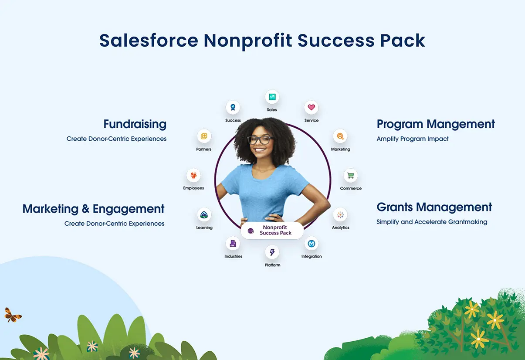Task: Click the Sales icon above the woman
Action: (272, 97)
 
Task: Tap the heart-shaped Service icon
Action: (311, 107)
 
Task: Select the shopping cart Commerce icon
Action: (350, 176)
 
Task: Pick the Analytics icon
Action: (340, 215)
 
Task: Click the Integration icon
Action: (311, 244)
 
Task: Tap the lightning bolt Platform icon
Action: (272, 252)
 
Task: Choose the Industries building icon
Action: (233, 244)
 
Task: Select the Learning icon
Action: (204, 215)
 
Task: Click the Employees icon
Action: (193, 176)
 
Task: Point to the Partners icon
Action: (203, 136)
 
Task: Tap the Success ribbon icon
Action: (233, 107)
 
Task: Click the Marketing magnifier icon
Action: (340, 136)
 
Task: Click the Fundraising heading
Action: (135, 124)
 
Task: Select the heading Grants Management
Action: (434, 207)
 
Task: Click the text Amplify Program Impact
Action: (413, 139)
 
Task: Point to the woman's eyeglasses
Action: (260, 140)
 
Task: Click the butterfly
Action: (13, 315)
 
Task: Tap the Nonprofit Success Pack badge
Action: (272, 231)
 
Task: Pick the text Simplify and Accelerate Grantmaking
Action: (432, 222)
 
